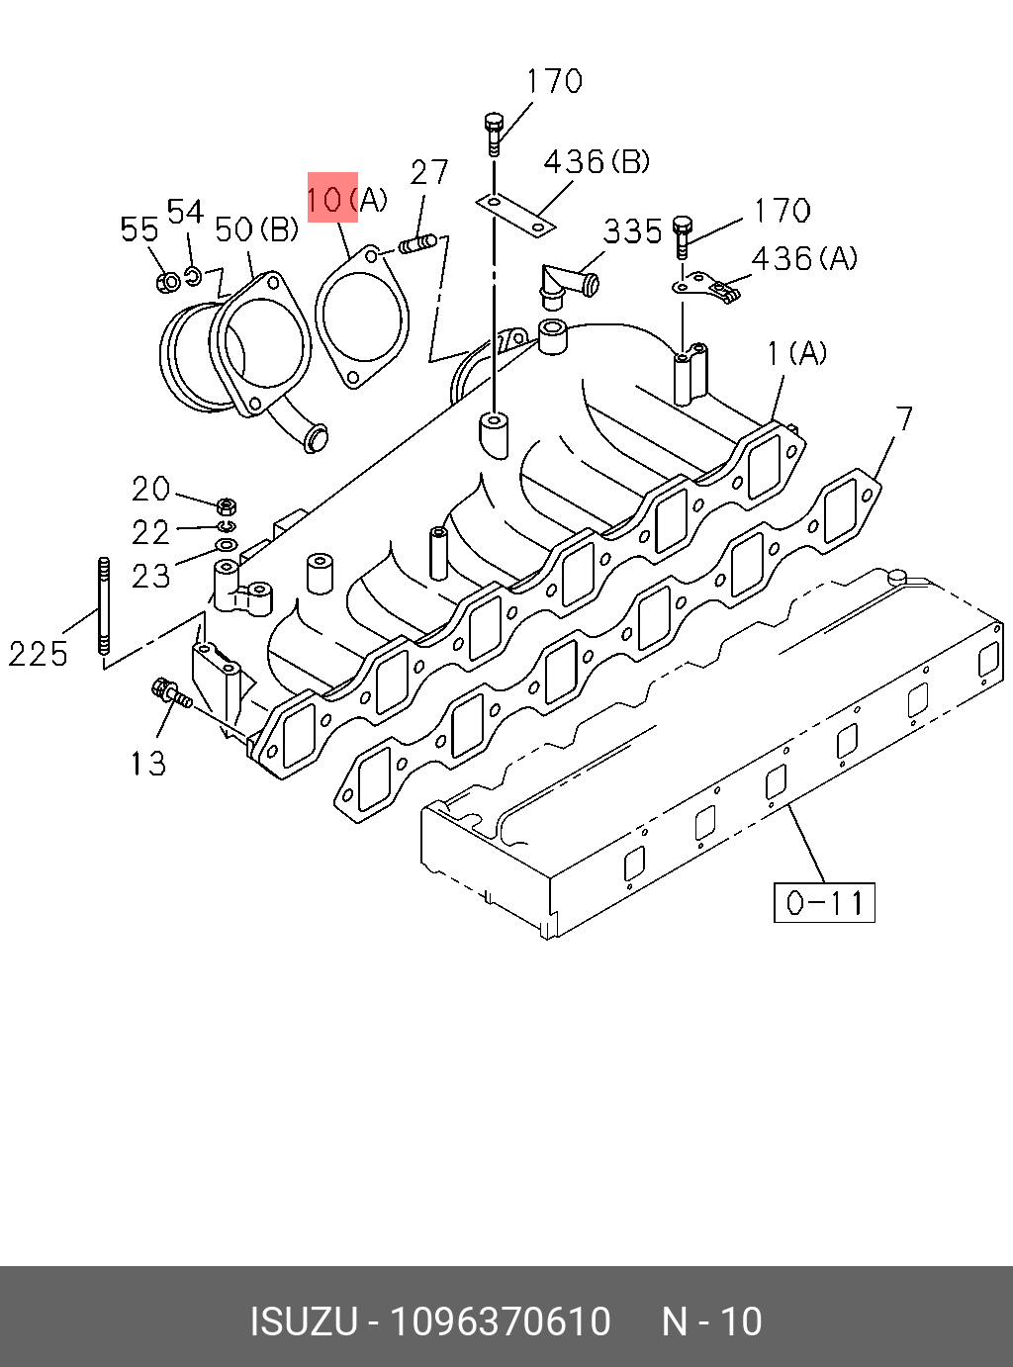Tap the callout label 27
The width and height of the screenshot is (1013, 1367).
(429, 172)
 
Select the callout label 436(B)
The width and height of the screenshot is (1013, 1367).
(597, 161)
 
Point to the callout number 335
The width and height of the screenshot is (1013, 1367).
(632, 231)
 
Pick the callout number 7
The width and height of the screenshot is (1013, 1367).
(904, 419)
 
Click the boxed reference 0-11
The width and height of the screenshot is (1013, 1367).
(824, 902)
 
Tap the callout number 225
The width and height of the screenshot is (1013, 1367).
(38, 654)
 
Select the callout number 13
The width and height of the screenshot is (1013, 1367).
(148, 764)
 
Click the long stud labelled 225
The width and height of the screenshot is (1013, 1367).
(104, 605)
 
